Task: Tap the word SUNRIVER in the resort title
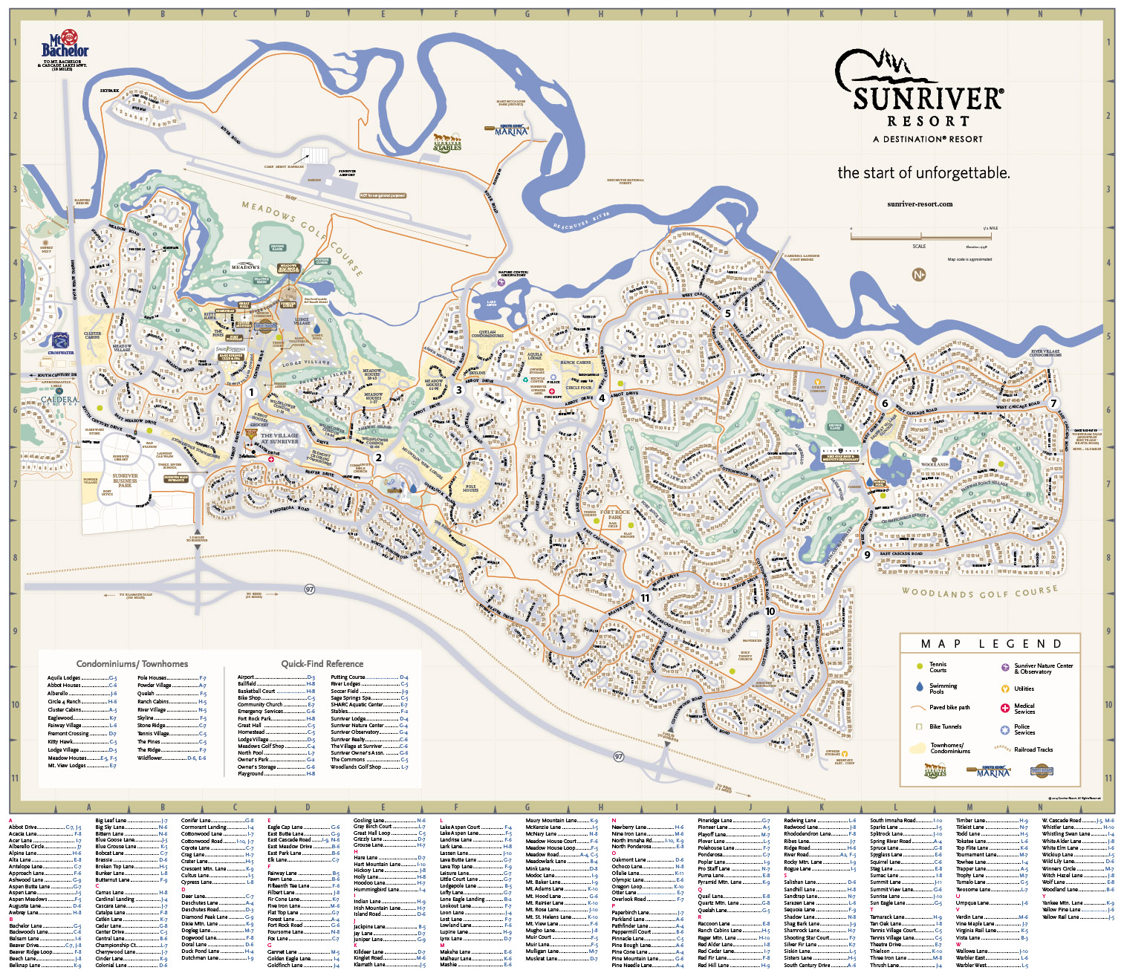[x=928, y=99]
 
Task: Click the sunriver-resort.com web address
[x=920, y=204]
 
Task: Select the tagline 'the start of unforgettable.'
[x=923, y=173]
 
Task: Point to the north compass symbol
[x=919, y=274]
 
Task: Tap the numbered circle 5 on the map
[x=728, y=313]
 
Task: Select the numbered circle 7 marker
[x=1053, y=403]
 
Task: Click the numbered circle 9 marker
[x=867, y=554]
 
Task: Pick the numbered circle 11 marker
[x=645, y=597]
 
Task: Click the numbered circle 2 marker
[x=378, y=458]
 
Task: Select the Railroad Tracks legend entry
[x=1033, y=749]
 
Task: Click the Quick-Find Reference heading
[x=322, y=663]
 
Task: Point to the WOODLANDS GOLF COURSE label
[x=979, y=592]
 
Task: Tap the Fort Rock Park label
[x=615, y=514]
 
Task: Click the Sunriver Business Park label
[x=125, y=480]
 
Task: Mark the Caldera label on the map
[x=59, y=400]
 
